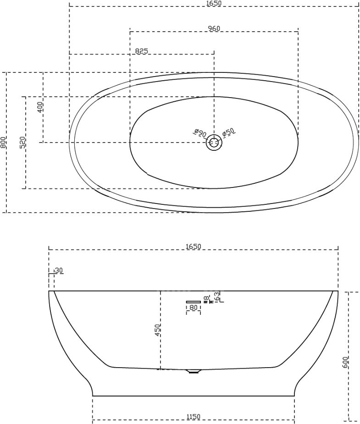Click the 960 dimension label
(214, 28)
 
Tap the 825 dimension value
(141, 51)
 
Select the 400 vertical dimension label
(40, 107)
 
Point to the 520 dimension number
(22, 142)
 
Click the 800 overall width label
(4, 143)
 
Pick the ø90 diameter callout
(199, 133)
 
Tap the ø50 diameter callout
(228, 132)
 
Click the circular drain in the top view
(214, 143)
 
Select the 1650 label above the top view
(214, 3)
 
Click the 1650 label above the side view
(193, 247)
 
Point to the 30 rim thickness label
(59, 270)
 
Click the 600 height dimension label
(346, 362)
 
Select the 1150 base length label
(193, 417)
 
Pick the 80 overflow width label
(194, 308)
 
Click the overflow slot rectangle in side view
(194, 301)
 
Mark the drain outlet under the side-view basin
(194, 371)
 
